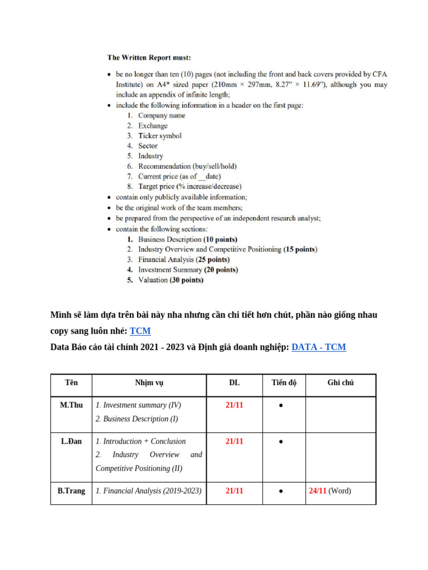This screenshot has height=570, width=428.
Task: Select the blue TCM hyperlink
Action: click(140, 331)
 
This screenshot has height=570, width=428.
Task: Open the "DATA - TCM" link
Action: click(318, 347)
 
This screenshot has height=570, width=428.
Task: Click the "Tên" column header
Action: click(71, 383)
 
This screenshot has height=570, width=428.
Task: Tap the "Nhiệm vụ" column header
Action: click(149, 383)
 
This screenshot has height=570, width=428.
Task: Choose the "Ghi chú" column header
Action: click(341, 383)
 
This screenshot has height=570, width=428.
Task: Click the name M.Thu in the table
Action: click(71, 405)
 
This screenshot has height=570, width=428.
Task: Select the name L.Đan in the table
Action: click(71, 441)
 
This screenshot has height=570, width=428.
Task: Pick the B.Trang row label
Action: click(71, 491)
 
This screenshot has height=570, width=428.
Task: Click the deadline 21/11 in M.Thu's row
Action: click(234, 405)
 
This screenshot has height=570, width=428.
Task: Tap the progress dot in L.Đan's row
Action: click(281, 442)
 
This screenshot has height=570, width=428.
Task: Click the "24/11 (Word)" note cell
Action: click(330, 491)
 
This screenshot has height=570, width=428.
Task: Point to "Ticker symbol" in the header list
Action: click(159, 136)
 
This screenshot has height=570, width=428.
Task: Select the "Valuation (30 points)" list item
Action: click(171, 280)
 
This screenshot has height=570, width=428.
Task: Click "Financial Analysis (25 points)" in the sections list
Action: click(183, 259)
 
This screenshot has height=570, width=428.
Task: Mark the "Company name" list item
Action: click(162, 116)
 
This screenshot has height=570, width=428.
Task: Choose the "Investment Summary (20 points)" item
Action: click(188, 270)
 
